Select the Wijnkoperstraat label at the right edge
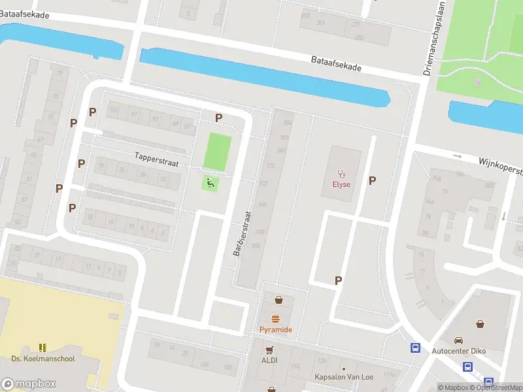pyautogui.click(x=500, y=165)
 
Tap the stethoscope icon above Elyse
pyautogui.click(x=341, y=173)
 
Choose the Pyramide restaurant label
pyautogui.click(x=276, y=329)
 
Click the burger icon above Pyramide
pyautogui.click(x=276, y=319)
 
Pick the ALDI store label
pyautogui.click(x=270, y=360)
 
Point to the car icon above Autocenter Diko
pyautogui.click(x=458, y=340)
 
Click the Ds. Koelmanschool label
pyautogui.click(x=43, y=359)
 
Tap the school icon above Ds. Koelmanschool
pyautogui.click(x=43, y=348)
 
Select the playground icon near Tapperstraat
pyautogui.click(x=211, y=183)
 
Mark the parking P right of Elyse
pyautogui.click(x=372, y=181)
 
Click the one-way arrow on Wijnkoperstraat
pyautogui.click(x=458, y=157)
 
